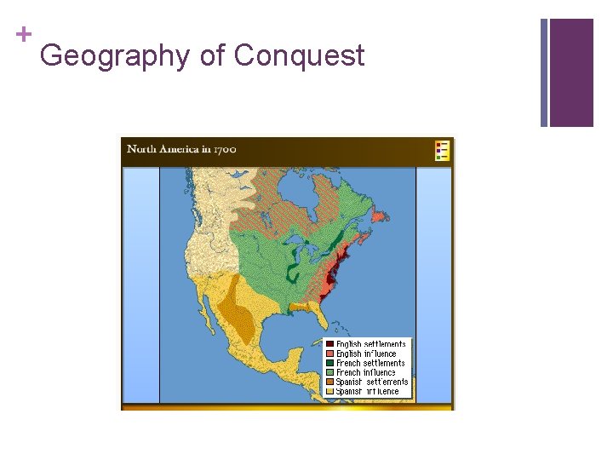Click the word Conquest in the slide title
pos(299,56)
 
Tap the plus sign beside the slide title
pos(23,35)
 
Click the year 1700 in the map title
pos(224,149)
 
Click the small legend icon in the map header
pos(442,150)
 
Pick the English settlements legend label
pos(371,344)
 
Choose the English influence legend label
pos(367,354)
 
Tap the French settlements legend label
pos(370,363)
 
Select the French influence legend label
pos(367,372)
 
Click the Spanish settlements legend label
pos(372,382)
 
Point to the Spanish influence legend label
pos(368,391)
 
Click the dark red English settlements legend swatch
pos(329,344)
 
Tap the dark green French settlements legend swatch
pos(329,363)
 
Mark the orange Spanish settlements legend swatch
pos(329,382)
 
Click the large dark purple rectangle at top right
pos(571,72)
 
